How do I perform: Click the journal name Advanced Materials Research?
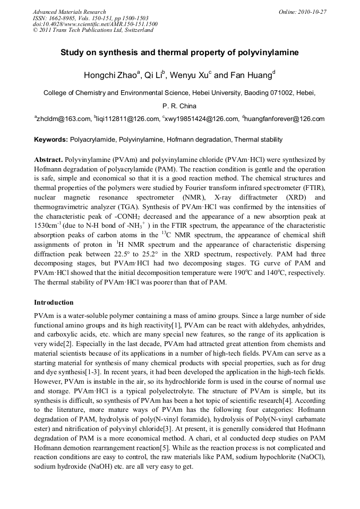coord(70,12)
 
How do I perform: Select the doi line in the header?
coord(95,24)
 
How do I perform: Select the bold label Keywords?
coord(50,140)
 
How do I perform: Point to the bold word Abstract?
coord(48,160)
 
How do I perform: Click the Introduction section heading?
coord(54,303)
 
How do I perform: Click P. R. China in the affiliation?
coord(180,106)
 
